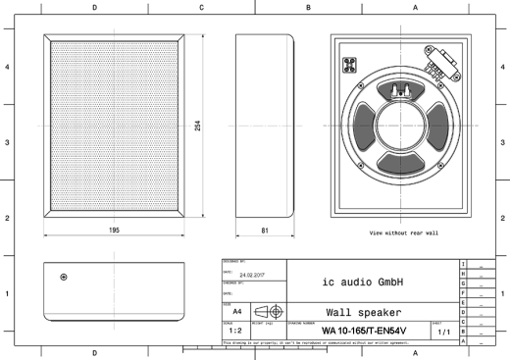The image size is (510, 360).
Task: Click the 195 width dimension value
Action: (x=114, y=230)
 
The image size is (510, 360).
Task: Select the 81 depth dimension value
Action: (x=265, y=230)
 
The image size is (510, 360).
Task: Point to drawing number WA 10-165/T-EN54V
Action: (x=363, y=331)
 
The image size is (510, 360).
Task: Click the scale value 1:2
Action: (x=235, y=331)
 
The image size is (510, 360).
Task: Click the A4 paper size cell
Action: (x=237, y=311)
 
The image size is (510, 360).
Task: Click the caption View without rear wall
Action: (x=404, y=232)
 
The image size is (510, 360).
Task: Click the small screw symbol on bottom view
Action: (x=64, y=277)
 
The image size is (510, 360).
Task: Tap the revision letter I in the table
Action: (x=462, y=265)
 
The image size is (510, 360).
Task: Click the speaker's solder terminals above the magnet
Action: (x=400, y=90)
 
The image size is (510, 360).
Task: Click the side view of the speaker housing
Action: (x=265, y=128)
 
